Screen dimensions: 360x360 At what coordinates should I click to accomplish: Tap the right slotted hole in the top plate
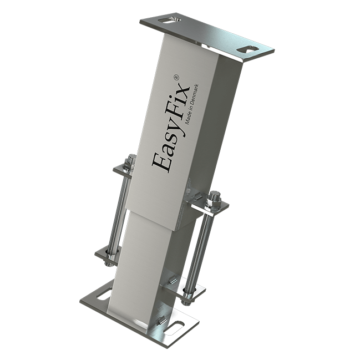click(247, 49)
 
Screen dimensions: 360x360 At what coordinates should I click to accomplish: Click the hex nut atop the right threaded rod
click(215, 197)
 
